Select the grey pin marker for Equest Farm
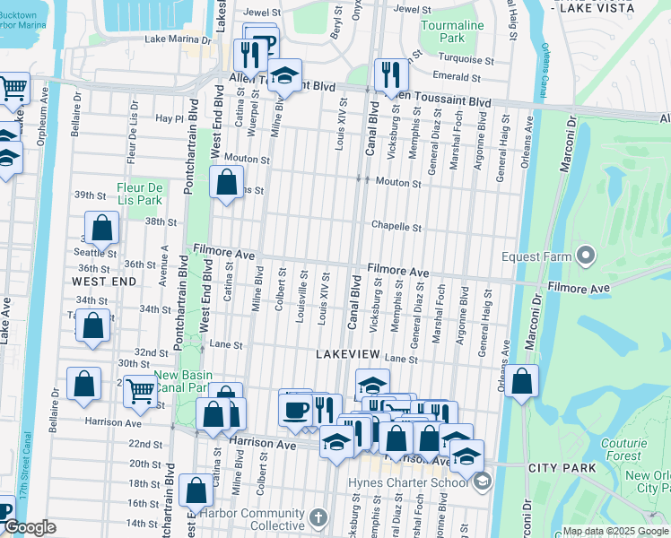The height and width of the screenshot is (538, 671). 587,256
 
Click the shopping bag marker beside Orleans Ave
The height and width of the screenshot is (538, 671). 521,381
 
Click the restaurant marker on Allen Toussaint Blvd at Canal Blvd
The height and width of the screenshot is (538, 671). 388,75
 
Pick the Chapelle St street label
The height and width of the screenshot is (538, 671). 397,228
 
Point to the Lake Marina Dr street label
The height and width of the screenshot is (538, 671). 176,39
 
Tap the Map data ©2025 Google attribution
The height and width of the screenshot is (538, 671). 614,531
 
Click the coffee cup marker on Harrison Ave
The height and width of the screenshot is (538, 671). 295,411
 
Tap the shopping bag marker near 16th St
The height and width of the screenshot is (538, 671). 196,491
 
